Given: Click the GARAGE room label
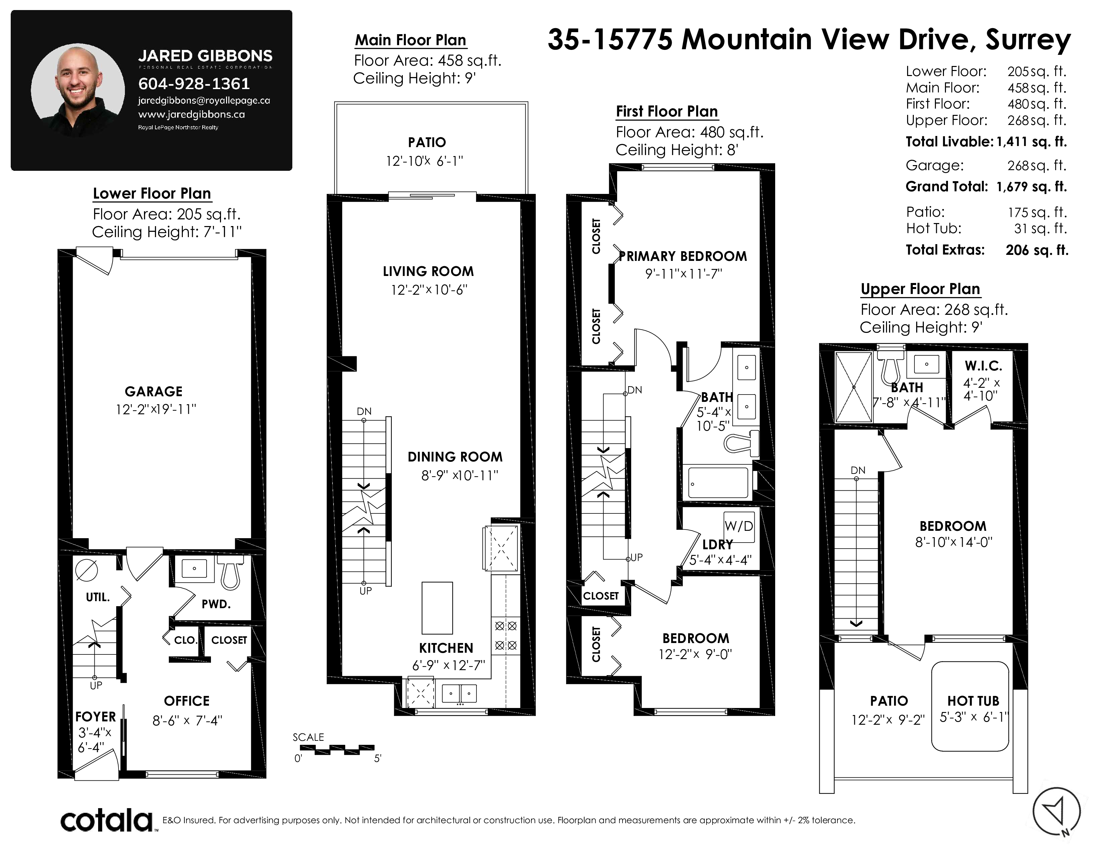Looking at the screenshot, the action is click(154, 392).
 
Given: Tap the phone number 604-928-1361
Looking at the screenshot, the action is click(194, 83).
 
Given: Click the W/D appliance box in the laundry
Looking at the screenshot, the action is click(739, 526).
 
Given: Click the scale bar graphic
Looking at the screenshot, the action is click(337, 749).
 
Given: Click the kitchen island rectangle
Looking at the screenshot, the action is click(437, 608).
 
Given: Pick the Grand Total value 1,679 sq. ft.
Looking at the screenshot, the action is click(1032, 187).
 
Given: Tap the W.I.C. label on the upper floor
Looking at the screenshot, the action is click(983, 366).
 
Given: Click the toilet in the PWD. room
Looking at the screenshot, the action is click(230, 572).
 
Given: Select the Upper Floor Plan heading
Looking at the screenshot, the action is click(920, 289).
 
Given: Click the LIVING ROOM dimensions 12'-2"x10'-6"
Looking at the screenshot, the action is click(429, 290).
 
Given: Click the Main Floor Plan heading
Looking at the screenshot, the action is click(410, 40).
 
